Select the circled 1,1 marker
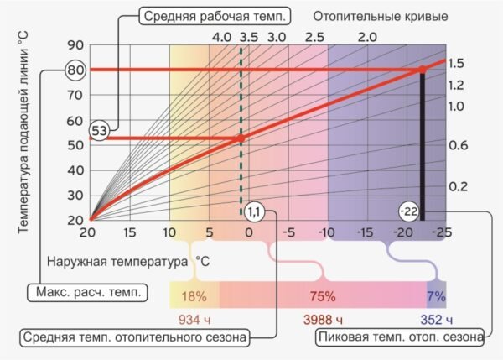(256, 211)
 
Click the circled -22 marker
(410, 211)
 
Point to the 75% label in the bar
(322, 296)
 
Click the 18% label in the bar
(194, 296)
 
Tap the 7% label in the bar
(436, 296)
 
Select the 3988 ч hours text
(322, 320)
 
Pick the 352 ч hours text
(436, 320)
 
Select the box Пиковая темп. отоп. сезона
(400, 337)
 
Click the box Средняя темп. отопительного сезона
(134, 337)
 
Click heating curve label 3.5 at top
(248, 38)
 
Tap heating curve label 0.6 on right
(457, 145)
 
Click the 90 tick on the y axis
(76, 45)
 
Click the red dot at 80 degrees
(423, 69)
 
